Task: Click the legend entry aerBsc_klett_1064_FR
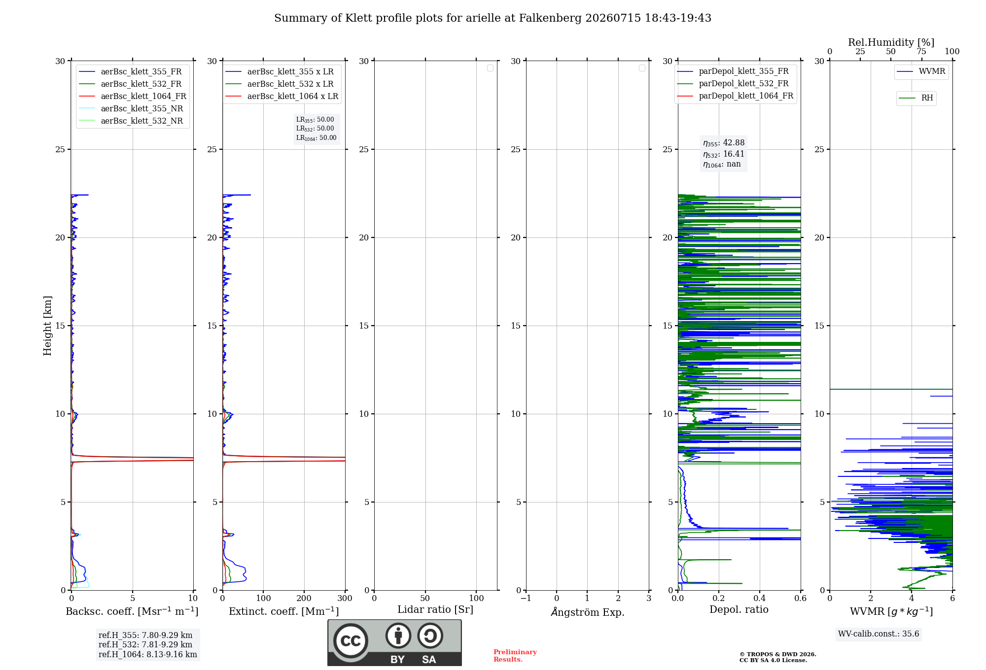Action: tap(132, 96)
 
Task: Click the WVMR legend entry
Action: tap(921, 71)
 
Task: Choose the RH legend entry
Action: tap(916, 98)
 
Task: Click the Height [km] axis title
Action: tap(47, 326)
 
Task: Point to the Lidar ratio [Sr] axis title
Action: tap(435, 610)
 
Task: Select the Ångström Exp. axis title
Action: tap(588, 611)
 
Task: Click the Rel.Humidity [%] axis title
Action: tap(891, 42)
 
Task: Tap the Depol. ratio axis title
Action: tap(739, 610)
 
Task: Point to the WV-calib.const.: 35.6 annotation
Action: tap(879, 634)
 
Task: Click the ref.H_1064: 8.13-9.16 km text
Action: tap(148, 655)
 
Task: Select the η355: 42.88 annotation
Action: tap(724, 143)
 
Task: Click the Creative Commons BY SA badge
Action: tap(394, 643)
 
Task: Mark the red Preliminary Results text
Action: tap(515, 656)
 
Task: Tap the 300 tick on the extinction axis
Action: tap(345, 599)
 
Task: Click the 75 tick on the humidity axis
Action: tap(921, 52)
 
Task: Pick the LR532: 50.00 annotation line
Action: tap(315, 129)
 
